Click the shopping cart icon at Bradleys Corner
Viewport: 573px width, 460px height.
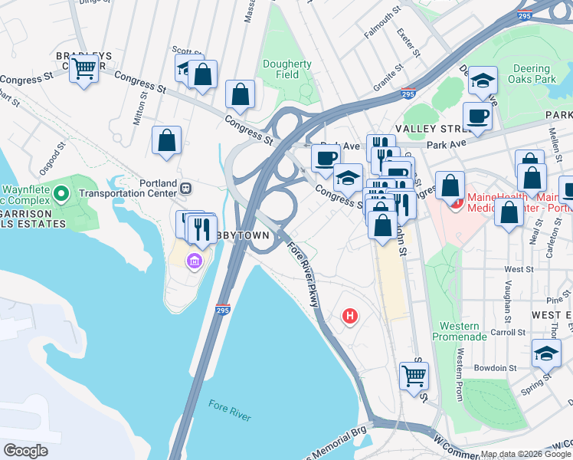tap(83, 69)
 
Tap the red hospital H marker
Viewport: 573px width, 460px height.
tap(350, 315)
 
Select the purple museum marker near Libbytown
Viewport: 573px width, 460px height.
tap(194, 262)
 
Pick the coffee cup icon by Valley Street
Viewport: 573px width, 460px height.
tap(477, 117)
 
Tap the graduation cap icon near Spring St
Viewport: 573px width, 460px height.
tap(546, 353)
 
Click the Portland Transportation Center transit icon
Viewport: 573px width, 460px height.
tap(185, 187)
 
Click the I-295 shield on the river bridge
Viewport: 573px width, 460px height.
tap(221, 310)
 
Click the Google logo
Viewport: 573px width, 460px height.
tap(26, 451)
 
